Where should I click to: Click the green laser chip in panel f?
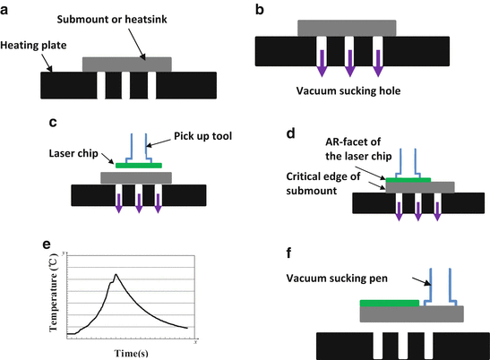388,304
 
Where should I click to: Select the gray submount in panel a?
127,64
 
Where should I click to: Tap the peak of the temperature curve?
116,275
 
